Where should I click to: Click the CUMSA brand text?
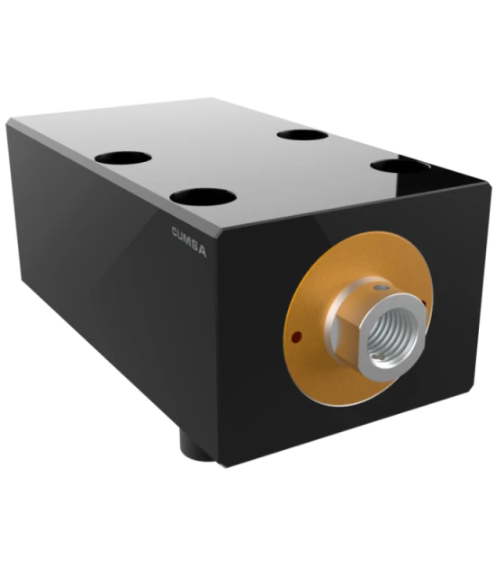coord(189,242)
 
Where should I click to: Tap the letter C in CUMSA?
coord(175,232)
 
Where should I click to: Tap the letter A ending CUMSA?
coord(202,251)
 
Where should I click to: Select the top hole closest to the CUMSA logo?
coord(203,197)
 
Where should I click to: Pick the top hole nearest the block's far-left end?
coord(123,158)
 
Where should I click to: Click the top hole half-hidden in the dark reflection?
coord(400,166)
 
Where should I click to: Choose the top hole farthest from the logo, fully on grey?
coord(302,135)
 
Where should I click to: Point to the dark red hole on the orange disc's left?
coord(296,336)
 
